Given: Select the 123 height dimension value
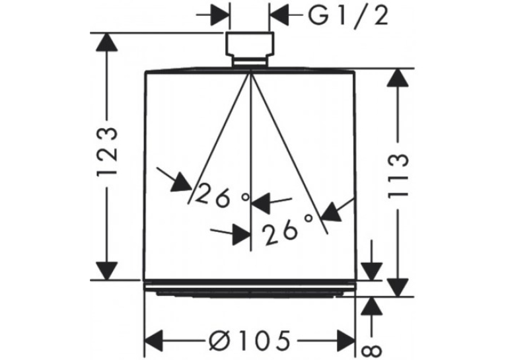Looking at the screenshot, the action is [x=107, y=151].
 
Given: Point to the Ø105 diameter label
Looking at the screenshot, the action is [x=249, y=341].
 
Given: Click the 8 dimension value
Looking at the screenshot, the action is [x=371, y=351].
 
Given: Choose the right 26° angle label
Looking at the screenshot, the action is [x=287, y=229].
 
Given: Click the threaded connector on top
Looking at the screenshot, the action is [x=250, y=49].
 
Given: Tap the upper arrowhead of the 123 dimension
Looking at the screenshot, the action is [x=106, y=42].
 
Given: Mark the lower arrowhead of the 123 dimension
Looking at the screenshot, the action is [x=106, y=271].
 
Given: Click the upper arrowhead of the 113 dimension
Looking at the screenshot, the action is [x=398, y=77].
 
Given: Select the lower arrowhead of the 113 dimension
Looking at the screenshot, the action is [x=398, y=287].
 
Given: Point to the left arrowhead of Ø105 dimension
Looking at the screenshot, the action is [x=154, y=341].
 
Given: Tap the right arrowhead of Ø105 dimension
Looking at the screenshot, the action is [x=346, y=341].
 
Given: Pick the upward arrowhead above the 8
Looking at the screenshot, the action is [x=372, y=305].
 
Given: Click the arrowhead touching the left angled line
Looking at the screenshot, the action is [x=182, y=182].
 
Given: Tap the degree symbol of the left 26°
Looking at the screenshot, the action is [x=246, y=197].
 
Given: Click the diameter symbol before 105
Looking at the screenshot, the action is [x=219, y=341].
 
